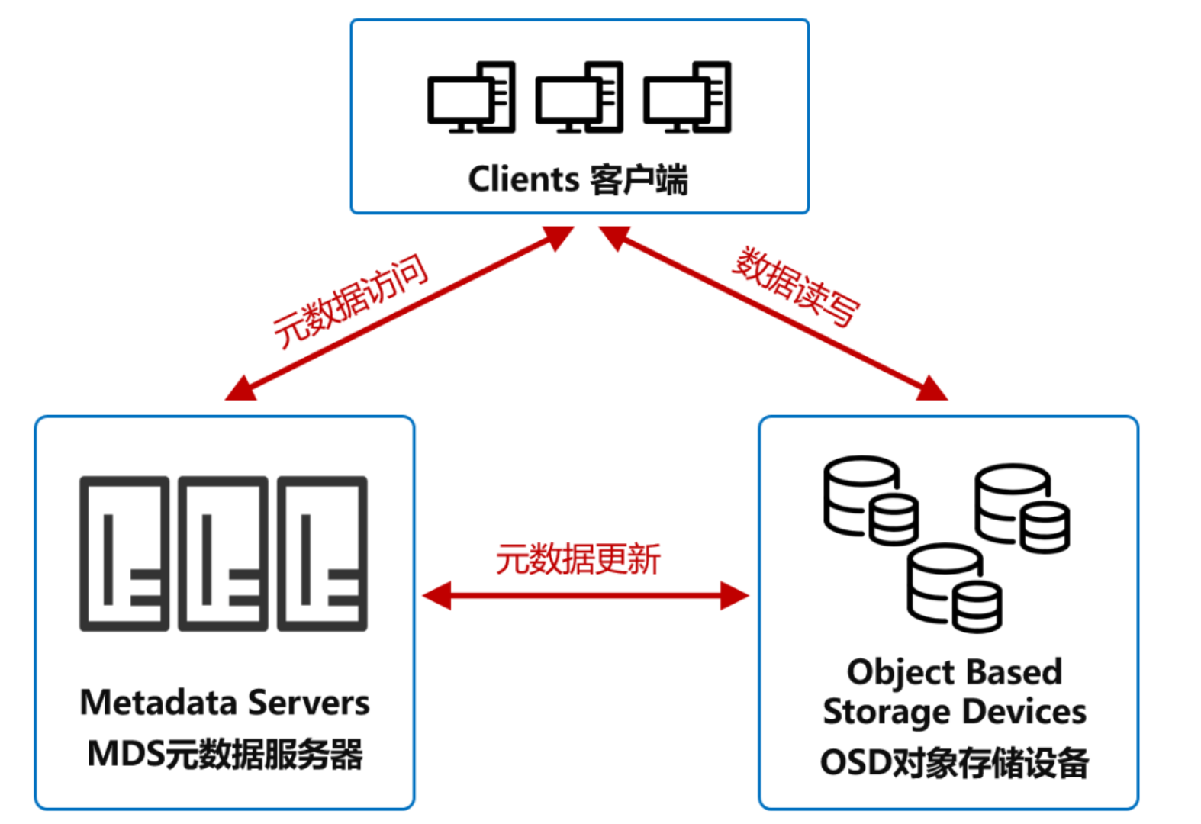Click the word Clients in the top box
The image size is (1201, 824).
click(523, 180)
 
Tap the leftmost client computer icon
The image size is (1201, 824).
click(471, 98)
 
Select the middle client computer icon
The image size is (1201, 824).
click(579, 98)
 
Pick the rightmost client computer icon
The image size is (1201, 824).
click(687, 98)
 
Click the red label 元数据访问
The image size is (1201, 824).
click(350, 301)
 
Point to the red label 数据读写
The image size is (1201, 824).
click(795, 287)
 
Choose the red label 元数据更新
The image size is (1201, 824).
click(578, 559)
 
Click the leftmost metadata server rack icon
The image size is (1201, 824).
click(124, 554)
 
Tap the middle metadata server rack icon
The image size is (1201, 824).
click(223, 554)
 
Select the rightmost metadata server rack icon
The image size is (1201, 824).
click(322, 554)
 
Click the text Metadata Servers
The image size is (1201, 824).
click(224, 703)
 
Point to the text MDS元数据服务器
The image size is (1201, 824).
click(224, 755)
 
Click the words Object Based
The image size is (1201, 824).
click(954, 672)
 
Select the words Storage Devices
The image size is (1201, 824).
click(954, 712)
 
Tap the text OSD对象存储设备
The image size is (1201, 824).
click(954, 763)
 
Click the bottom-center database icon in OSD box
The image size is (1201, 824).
click(954, 587)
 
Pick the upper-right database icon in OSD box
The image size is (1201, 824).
click(1022, 508)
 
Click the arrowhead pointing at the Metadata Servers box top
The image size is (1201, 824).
click(240, 389)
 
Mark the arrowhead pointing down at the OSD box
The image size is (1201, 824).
click(932, 389)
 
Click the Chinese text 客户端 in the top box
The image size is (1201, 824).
click(639, 180)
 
